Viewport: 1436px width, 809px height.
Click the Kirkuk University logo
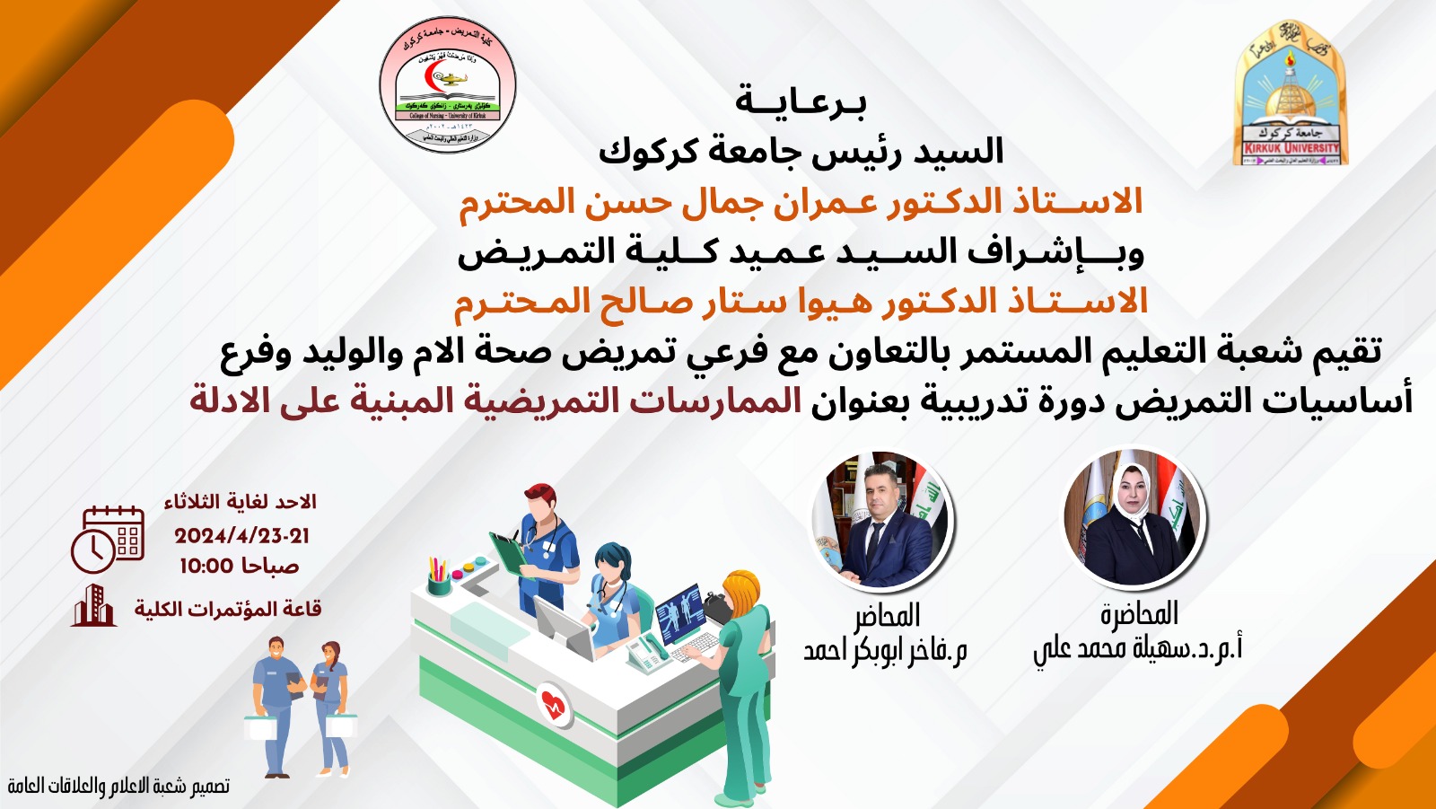tap(1291, 94)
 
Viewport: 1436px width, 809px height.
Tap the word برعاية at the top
tap(801, 101)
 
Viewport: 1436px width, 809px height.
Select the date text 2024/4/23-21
tap(241, 536)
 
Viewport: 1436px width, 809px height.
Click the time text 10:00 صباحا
tap(239, 566)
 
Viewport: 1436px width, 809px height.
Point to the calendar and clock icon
tap(108, 540)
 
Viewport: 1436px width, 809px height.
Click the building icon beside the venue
tap(93, 606)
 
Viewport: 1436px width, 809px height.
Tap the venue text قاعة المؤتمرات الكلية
tap(228, 609)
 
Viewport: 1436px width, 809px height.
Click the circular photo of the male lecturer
tap(881, 520)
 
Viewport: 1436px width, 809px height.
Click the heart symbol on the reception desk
tap(555, 705)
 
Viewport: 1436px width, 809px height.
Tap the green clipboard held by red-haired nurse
tap(508, 553)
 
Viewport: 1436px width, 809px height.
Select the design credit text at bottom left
tap(118, 787)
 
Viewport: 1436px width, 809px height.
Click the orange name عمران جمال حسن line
tap(801, 201)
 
